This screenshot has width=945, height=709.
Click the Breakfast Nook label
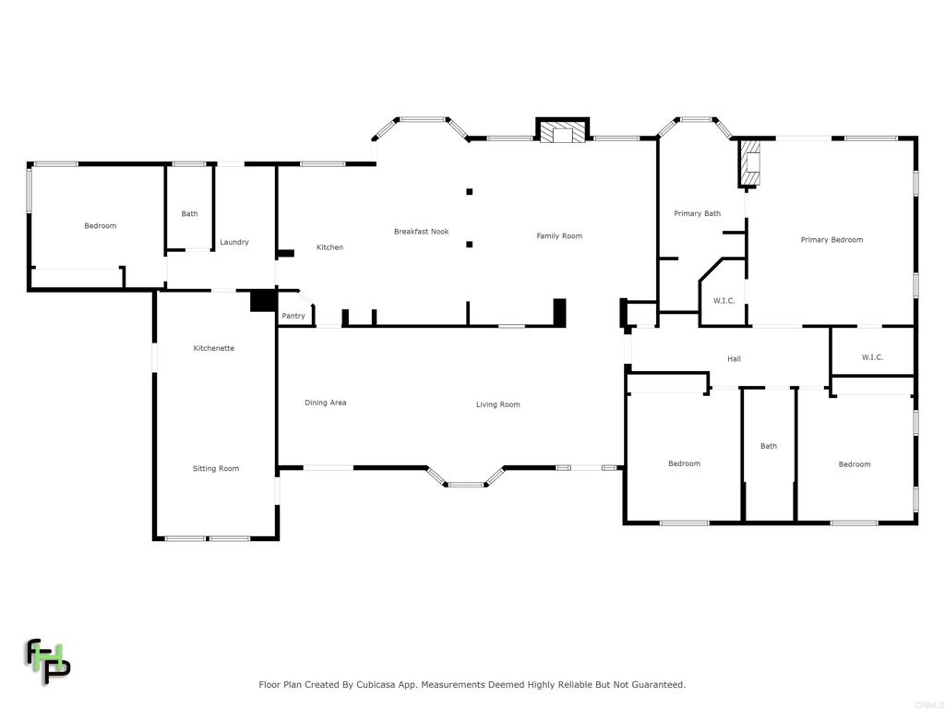(421, 232)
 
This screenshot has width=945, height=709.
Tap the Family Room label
(559, 236)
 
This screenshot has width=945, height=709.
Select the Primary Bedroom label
(831, 240)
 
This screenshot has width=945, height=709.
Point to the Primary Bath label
(697, 214)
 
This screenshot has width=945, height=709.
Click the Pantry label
(293, 317)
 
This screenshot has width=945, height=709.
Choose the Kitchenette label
(213, 349)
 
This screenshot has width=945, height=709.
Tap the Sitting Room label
(215, 469)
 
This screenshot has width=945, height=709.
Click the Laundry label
(234, 243)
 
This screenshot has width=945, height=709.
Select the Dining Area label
(326, 403)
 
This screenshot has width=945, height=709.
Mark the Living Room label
(497, 405)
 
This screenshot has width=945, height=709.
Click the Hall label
(734, 359)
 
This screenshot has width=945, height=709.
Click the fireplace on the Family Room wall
(562, 133)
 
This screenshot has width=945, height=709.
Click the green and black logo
(47, 661)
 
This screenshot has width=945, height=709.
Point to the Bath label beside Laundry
(189, 214)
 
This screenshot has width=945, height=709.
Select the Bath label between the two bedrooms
(768, 447)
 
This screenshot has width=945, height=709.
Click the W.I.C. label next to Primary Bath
(724, 301)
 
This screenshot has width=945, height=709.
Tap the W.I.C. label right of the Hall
(872, 357)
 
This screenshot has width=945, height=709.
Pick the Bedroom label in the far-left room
(101, 226)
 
